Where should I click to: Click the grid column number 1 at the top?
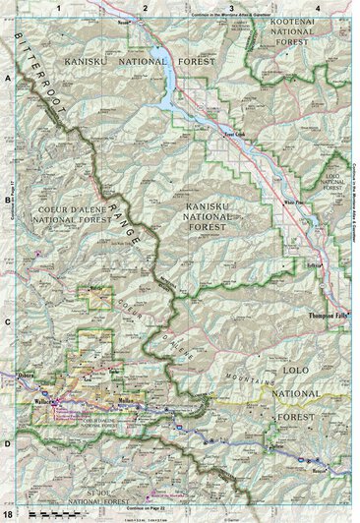59,8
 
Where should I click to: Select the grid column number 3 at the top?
230,8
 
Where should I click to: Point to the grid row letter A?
7,77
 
